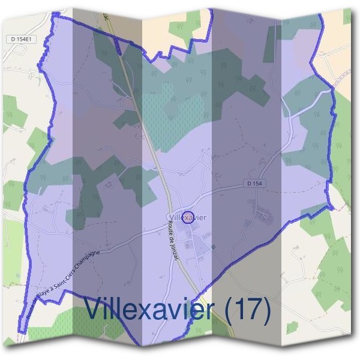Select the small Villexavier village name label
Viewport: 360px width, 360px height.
coord(188,217)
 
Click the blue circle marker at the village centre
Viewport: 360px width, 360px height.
coord(187,217)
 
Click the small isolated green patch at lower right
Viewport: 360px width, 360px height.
coord(292,328)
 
